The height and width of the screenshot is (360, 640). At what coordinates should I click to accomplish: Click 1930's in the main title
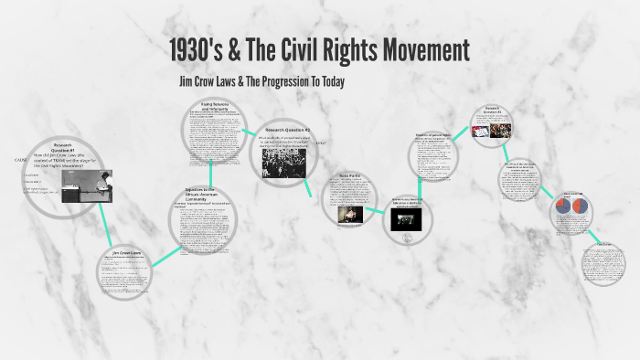(202, 50)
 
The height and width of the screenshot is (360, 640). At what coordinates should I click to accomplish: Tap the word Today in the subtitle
(325, 82)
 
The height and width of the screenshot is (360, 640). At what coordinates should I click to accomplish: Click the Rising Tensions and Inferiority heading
(212, 106)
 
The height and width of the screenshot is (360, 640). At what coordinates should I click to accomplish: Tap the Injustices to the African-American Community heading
(205, 194)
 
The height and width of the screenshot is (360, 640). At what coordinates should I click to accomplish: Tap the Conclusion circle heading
(604, 245)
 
